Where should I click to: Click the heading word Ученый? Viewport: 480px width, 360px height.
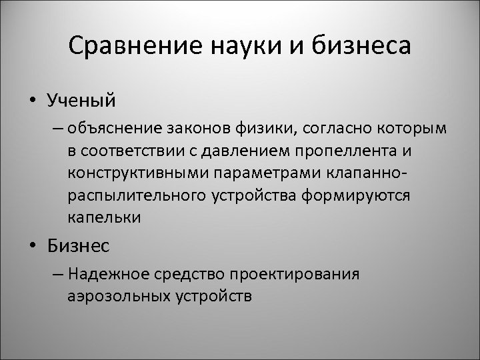[81, 100]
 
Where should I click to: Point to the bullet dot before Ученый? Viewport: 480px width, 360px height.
[32, 101]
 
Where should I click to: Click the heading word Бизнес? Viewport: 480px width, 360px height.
[79, 246]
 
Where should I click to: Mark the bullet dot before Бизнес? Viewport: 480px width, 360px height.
[32, 247]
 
